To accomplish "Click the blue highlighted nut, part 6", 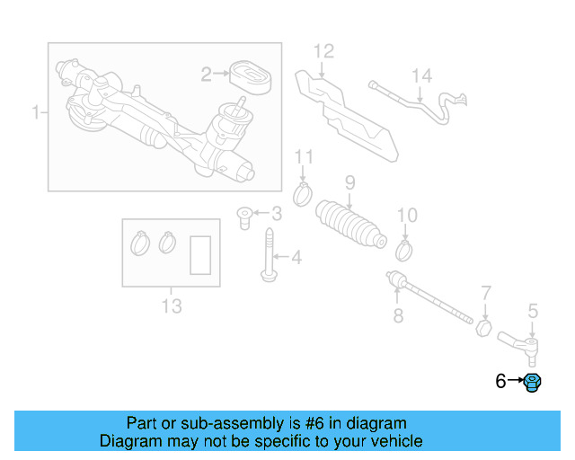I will [x=532, y=382].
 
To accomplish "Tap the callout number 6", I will [x=500, y=382].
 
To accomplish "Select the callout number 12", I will [x=323, y=50].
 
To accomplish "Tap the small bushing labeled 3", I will [x=243, y=216].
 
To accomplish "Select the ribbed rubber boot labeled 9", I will [x=351, y=227].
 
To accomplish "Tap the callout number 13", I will [x=171, y=306].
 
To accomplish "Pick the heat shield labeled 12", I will [x=346, y=108].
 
